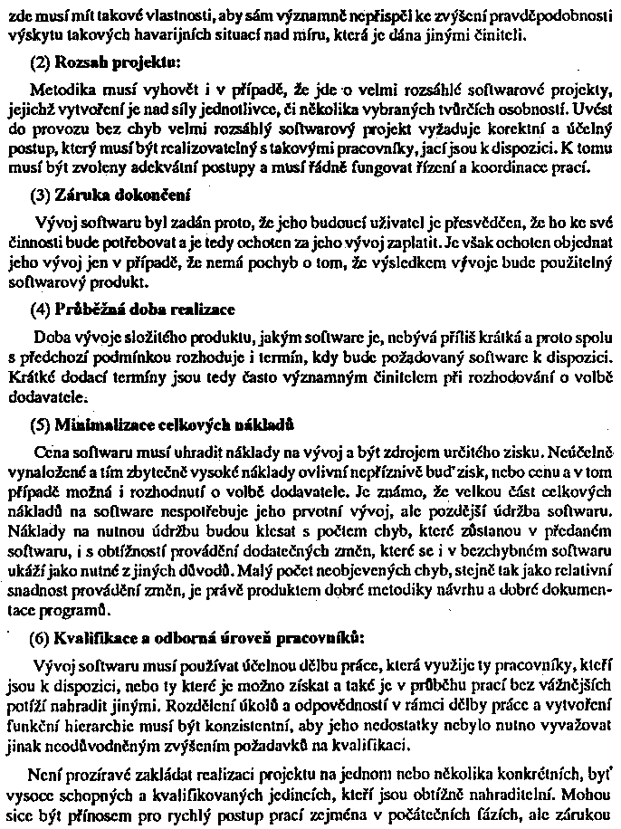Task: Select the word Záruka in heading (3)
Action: point(81,195)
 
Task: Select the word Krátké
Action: point(30,374)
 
